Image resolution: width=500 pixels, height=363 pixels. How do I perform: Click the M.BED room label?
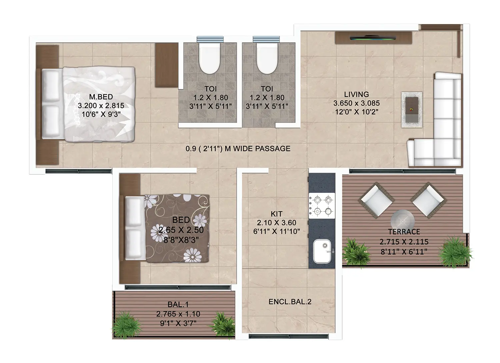[x=101, y=97]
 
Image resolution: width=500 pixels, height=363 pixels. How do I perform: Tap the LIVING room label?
[x=356, y=94]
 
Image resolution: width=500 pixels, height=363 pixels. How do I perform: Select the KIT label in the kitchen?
[x=277, y=214]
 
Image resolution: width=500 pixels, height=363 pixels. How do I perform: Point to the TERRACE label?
[x=404, y=232]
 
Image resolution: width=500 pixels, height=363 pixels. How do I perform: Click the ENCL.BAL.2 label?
[x=290, y=302]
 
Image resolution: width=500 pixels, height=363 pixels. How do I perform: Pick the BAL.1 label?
[x=178, y=304]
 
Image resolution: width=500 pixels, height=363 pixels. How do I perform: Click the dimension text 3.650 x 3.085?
[x=356, y=103]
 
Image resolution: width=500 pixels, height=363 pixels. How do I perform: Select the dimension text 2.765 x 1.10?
[x=178, y=314]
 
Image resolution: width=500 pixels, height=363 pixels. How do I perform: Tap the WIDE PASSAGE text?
[x=262, y=149]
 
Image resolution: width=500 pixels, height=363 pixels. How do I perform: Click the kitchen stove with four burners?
[x=322, y=205]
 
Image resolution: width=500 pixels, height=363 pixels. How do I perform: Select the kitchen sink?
[x=322, y=251]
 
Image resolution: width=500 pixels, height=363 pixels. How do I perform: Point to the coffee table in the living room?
[x=412, y=110]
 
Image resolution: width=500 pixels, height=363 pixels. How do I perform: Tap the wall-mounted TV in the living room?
[x=373, y=38]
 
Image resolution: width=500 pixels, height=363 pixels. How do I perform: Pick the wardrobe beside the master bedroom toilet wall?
[x=167, y=65]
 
